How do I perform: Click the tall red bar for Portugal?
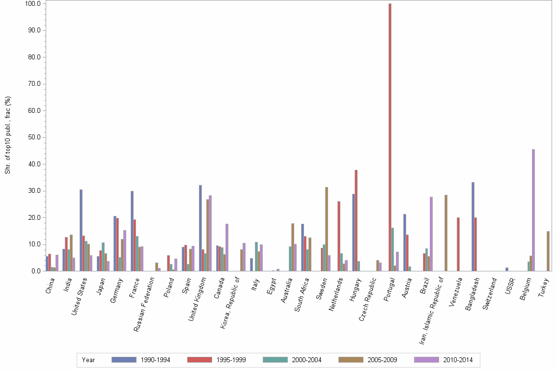coord(390,137)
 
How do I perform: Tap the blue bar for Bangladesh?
coord(473,226)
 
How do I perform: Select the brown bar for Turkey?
coord(548,251)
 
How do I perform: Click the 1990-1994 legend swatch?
coord(124,360)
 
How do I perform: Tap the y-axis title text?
coord(8,135)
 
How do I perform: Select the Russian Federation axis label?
coord(145,304)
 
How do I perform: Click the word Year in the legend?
coord(88,360)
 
